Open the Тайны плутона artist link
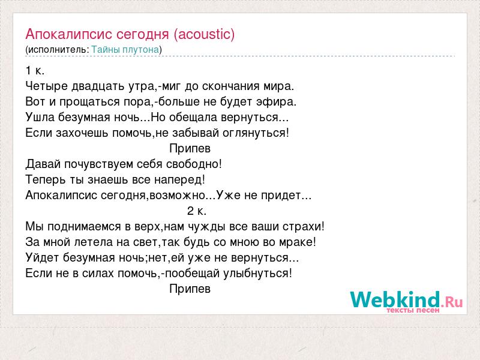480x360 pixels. pos(125,50)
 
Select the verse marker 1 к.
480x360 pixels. pos(35,71)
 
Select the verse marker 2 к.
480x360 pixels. pos(197,211)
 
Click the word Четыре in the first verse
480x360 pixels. pos(47,86)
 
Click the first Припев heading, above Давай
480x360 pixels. pos(190,148)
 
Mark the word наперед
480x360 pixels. pos(178,179)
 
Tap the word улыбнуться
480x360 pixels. pos(256,273)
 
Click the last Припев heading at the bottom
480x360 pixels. pos(190,289)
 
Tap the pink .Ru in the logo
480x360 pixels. pos(452,302)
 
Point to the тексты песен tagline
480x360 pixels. pos(413,310)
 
